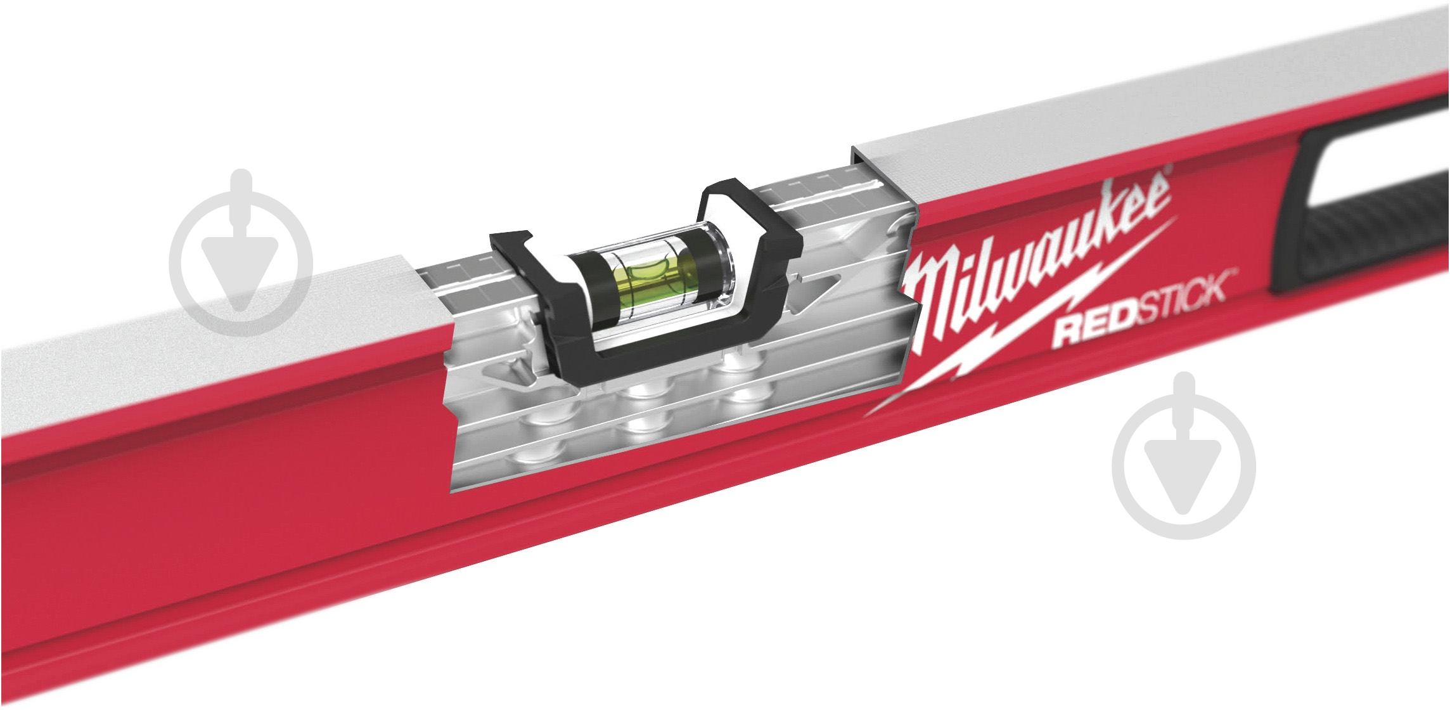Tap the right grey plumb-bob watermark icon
point(1183,456)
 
